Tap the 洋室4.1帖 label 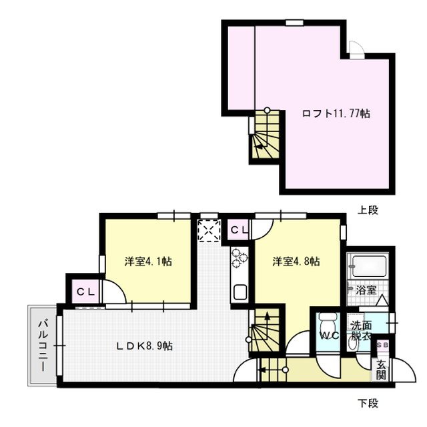click(148, 262)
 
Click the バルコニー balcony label click(41, 345)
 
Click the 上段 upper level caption click(368, 210)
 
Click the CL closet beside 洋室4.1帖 click(85, 292)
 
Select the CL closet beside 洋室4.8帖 click(240, 230)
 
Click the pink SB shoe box click(382, 345)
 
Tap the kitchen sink click(239, 292)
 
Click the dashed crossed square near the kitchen click(209, 231)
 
